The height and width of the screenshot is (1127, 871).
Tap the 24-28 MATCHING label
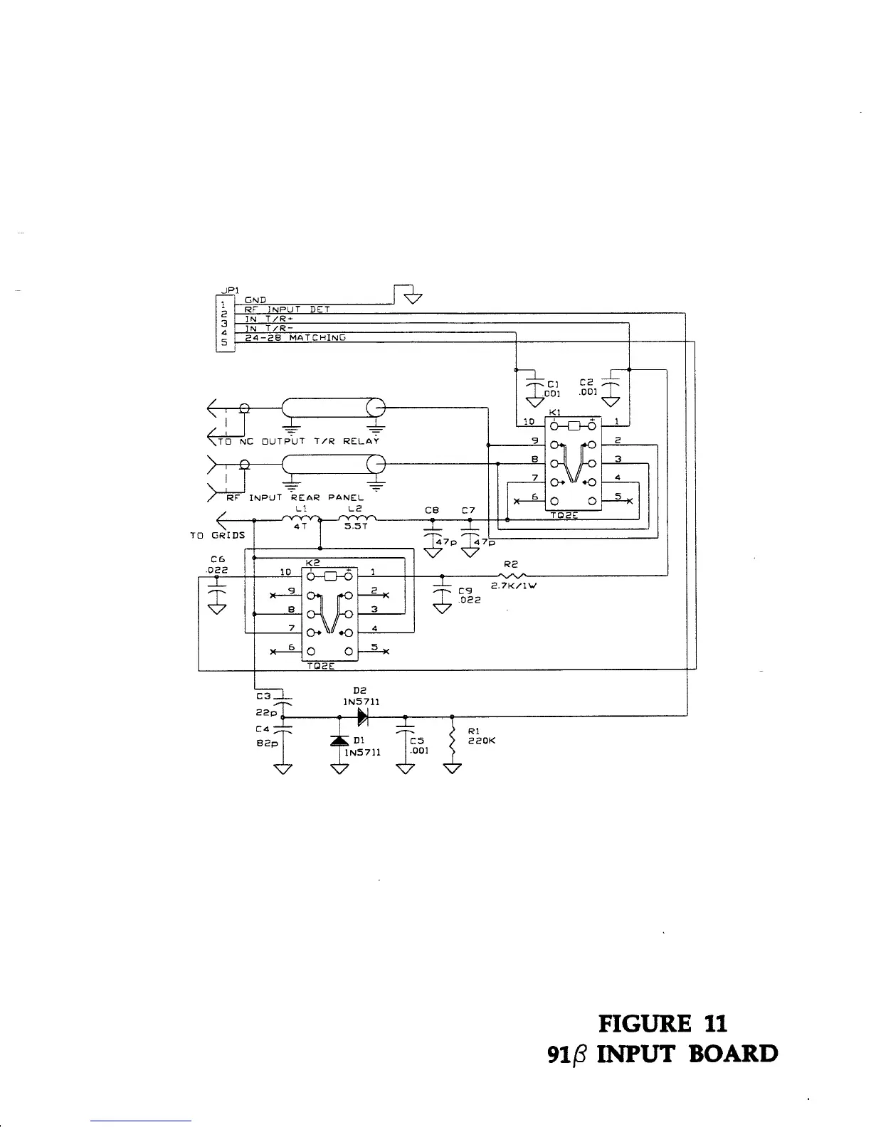(295, 337)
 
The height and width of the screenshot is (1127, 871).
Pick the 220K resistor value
(482, 741)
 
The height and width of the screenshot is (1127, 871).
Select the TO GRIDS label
(217, 534)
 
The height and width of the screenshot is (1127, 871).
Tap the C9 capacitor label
(465, 591)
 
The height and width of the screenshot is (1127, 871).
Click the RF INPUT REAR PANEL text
(295, 497)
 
